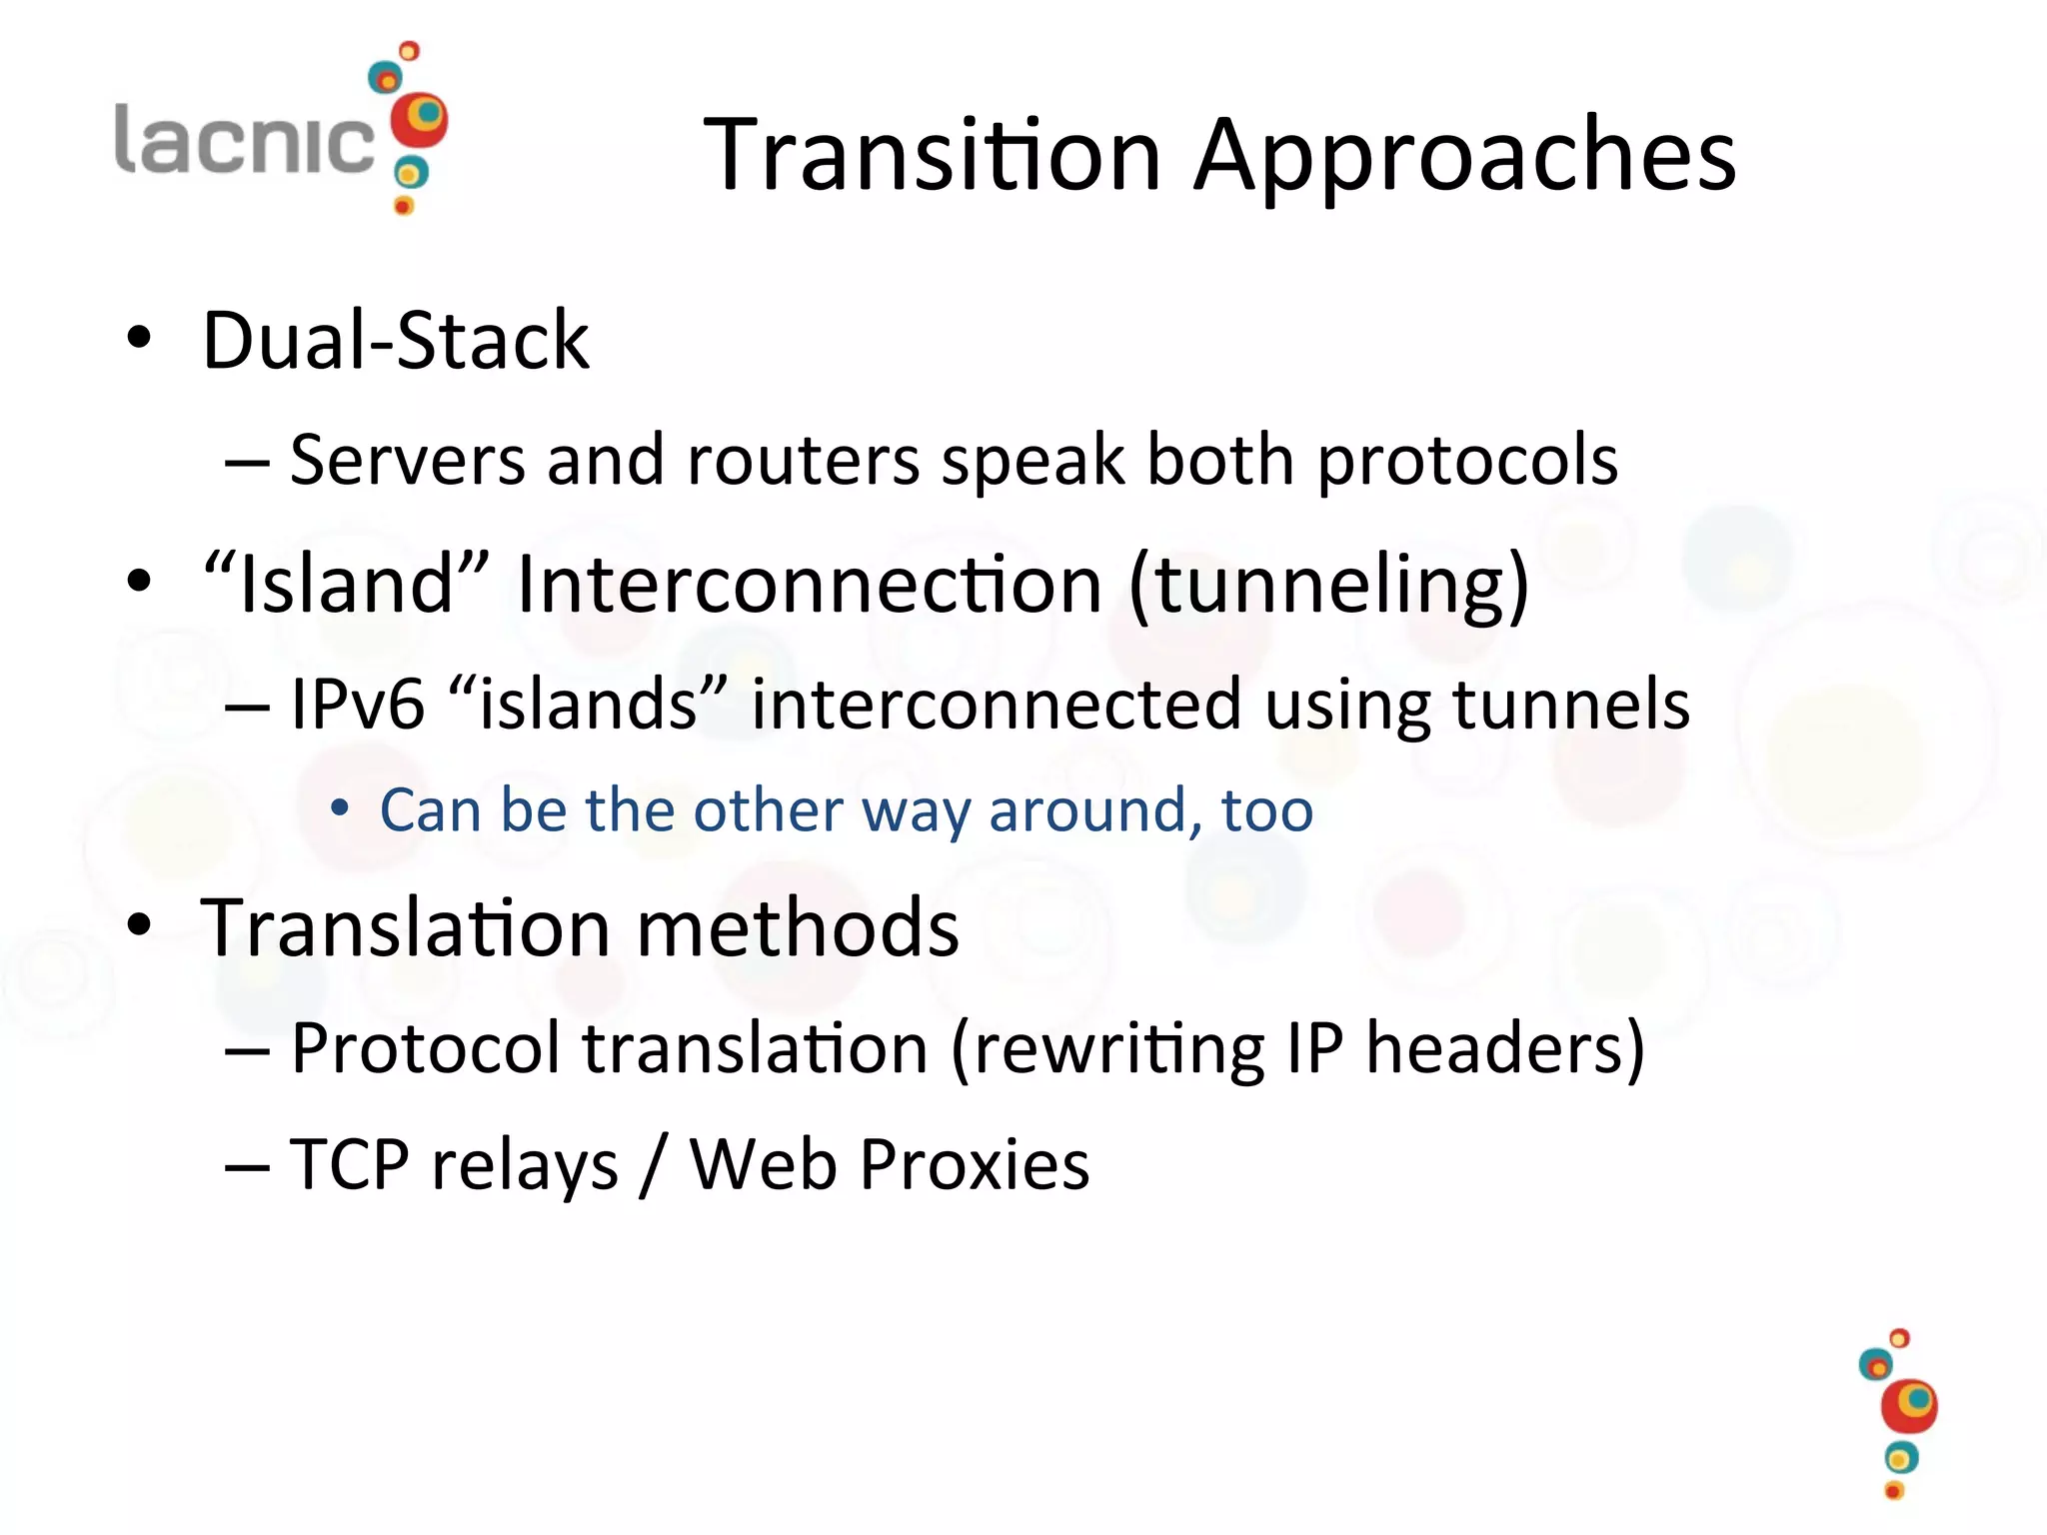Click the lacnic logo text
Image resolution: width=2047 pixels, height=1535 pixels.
(244, 139)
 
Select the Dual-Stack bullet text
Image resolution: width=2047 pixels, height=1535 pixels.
(396, 341)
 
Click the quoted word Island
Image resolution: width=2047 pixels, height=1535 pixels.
(346, 584)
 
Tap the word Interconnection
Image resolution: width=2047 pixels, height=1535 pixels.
(810, 584)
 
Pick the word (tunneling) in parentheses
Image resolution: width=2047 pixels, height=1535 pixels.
(1328, 586)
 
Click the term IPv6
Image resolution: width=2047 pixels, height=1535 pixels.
(358, 705)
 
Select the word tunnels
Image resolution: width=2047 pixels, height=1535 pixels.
(1570, 705)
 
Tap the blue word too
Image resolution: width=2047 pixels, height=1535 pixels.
(1266, 810)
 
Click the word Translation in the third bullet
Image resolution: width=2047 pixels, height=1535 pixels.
(405, 927)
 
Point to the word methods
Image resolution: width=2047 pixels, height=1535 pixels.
(797, 927)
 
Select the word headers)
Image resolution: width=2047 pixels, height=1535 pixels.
(1504, 1049)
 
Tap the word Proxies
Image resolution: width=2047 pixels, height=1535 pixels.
(974, 1165)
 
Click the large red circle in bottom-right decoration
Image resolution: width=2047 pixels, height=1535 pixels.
(1908, 1407)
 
